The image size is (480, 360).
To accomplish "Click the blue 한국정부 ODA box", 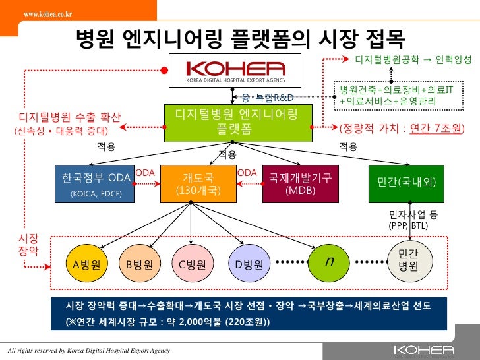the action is pos(95,184).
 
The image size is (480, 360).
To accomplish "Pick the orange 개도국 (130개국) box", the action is pos(197,184).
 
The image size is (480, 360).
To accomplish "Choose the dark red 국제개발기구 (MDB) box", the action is pos(300,184).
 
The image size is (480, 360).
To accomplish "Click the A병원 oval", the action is pos(87,265).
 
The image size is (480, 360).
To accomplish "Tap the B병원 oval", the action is pos(139,265).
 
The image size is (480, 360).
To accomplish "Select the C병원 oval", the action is pos(193,265).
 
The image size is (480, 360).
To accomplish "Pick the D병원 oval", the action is pos(249,265).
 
